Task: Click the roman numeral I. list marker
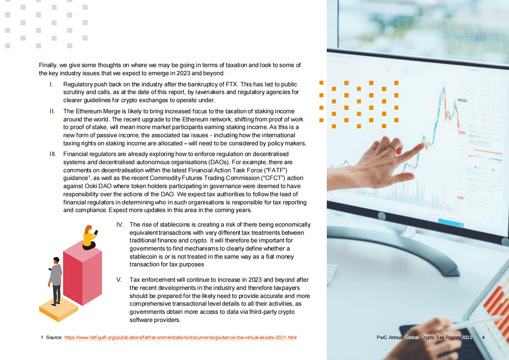[x=51, y=85]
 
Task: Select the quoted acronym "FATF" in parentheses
[x=280, y=170]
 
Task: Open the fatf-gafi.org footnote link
[x=180, y=338]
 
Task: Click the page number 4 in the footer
[x=483, y=338]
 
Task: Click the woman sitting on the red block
[x=89, y=237]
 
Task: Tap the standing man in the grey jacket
[x=55, y=280]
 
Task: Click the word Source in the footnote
[x=54, y=338]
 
